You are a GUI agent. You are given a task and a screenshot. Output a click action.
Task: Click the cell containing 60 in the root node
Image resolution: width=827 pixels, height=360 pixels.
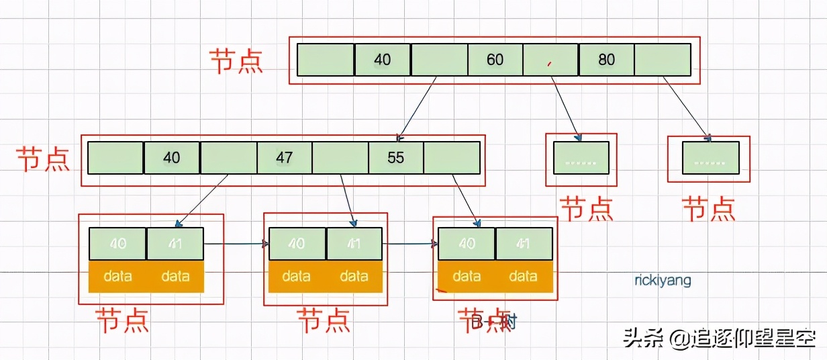tap(495, 60)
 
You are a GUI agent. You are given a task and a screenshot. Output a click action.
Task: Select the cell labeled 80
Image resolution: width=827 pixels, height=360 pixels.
tap(606, 60)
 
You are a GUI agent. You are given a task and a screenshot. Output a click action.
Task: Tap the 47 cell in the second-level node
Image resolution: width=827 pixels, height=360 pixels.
tap(285, 158)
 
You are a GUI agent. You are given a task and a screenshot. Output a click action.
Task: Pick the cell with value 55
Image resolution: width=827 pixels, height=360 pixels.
tap(396, 158)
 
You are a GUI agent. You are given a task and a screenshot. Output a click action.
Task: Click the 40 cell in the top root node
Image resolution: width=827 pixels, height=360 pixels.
tap(382, 60)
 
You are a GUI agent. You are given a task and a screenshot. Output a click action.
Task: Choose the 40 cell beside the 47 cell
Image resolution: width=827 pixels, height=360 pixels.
tap(172, 158)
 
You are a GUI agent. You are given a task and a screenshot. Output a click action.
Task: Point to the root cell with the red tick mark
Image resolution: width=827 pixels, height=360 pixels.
tap(550, 60)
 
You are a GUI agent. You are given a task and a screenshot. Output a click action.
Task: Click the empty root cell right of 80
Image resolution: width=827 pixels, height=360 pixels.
tap(663, 60)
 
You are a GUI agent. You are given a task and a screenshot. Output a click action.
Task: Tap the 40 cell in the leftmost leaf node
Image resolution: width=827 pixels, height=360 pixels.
tap(117, 243)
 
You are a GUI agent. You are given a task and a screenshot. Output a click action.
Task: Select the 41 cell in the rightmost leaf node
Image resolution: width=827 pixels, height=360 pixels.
tap(523, 243)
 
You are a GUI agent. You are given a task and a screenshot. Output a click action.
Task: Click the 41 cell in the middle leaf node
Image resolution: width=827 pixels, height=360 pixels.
tap(354, 243)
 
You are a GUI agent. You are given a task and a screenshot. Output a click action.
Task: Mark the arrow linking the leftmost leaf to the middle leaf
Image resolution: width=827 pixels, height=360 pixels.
tap(236, 243)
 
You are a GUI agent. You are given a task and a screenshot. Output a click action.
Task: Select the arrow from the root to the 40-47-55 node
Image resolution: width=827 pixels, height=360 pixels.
tap(418, 107)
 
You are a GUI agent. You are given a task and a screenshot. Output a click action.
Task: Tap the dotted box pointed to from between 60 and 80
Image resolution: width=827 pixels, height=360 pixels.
tap(581, 159)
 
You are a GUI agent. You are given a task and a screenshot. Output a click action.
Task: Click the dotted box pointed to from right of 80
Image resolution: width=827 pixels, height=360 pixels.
tap(710, 159)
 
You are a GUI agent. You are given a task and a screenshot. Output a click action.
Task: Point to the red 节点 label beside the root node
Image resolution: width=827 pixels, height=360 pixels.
tap(236, 60)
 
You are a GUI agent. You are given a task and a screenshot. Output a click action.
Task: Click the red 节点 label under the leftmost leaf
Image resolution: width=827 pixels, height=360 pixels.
tap(121, 320)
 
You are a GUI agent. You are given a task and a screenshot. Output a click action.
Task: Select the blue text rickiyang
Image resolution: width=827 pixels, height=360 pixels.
tap(663, 280)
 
